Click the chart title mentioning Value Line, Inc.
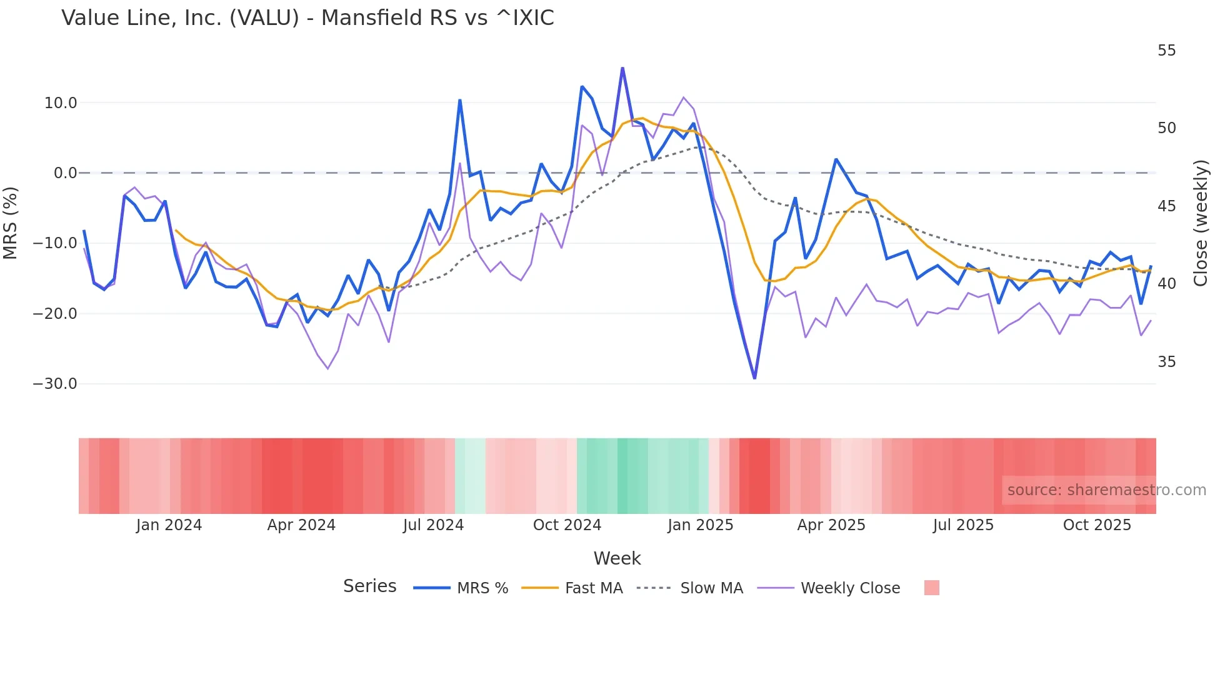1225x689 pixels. point(307,18)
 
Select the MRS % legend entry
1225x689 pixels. point(482,588)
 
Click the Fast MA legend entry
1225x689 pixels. point(593,588)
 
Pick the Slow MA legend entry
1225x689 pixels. point(711,588)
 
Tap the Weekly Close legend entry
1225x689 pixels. point(850,588)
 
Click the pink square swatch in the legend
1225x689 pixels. point(931,588)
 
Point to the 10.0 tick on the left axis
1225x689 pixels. point(61,103)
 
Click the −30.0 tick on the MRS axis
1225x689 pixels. point(55,384)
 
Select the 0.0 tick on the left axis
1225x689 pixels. point(65,173)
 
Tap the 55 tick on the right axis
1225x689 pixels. point(1166,51)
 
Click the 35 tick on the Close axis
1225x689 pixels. point(1166,362)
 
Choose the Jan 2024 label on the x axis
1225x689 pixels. point(169,525)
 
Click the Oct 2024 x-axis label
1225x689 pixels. point(567,525)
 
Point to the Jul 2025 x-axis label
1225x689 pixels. point(963,525)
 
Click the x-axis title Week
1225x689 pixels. point(617,558)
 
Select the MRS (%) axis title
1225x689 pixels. point(11,223)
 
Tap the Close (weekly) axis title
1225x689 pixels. point(1201,223)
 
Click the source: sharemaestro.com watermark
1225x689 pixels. point(1106,490)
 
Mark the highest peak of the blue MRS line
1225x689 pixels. point(622,68)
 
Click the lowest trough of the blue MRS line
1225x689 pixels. point(754,378)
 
